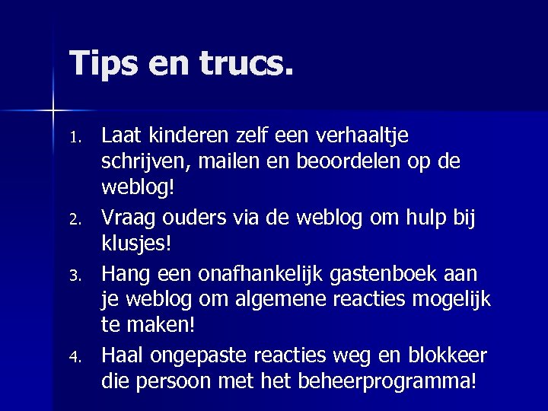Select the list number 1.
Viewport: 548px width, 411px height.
point(74,138)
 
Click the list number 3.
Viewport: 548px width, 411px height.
point(74,273)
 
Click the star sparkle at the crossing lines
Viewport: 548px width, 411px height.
point(54,111)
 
